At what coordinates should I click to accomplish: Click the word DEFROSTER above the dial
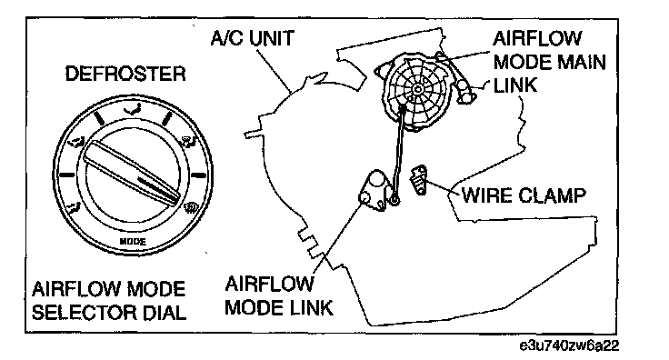click(x=125, y=74)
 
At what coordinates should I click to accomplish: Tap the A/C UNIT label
click(x=253, y=38)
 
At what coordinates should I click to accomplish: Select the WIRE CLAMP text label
click(x=524, y=195)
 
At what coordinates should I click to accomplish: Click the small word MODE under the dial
click(x=133, y=242)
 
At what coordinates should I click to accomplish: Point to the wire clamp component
click(x=419, y=180)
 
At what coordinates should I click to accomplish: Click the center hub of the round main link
click(x=417, y=89)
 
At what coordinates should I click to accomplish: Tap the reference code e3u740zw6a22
click(x=569, y=345)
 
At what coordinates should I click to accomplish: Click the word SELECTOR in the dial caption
click(x=81, y=313)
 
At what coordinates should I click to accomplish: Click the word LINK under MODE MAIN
click(x=515, y=85)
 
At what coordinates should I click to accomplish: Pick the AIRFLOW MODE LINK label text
click(x=279, y=295)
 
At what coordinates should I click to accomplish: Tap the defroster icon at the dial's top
click(x=133, y=110)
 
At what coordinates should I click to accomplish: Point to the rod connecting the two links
click(x=398, y=153)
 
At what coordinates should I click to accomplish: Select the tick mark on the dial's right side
click(x=198, y=175)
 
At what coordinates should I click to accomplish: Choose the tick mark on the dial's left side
click(x=67, y=175)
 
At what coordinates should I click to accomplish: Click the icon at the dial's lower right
click(x=189, y=207)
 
